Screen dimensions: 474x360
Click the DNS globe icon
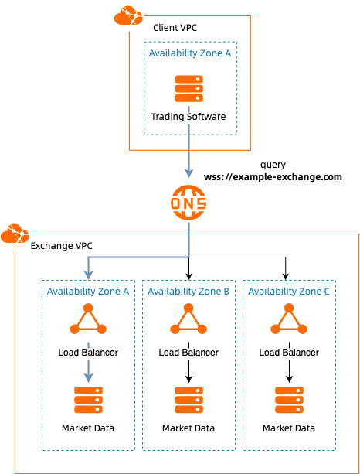click(x=188, y=203)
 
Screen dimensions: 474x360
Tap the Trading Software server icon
click(x=188, y=89)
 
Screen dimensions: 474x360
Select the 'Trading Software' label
click(x=188, y=117)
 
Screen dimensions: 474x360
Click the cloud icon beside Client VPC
click(x=127, y=15)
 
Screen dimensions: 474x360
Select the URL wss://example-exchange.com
click(x=273, y=177)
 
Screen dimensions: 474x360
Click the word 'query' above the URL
click(x=273, y=165)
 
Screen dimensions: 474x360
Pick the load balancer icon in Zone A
click(x=88, y=319)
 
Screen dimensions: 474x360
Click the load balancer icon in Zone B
click(x=188, y=319)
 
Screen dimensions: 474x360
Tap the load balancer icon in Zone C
click(x=289, y=319)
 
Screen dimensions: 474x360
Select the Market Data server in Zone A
click(x=88, y=400)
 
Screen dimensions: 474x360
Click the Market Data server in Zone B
click(x=188, y=400)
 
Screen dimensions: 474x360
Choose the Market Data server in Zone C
click(x=289, y=400)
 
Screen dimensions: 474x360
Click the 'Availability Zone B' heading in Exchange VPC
click(x=188, y=292)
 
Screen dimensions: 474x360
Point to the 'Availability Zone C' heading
click(x=289, y=292)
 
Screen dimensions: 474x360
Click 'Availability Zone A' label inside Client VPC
click(x=188, y=53)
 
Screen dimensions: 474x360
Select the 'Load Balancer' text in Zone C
click(x=289, y=353)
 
